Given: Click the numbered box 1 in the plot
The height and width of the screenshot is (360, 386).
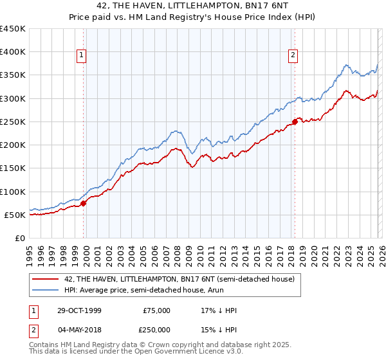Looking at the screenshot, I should tap(82, 56).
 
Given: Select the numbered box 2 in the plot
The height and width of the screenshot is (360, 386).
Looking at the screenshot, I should tap(293, 56).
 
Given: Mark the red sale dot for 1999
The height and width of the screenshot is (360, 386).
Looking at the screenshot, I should tap(84, 203).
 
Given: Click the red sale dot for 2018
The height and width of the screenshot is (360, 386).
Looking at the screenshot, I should tap(295, 122).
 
